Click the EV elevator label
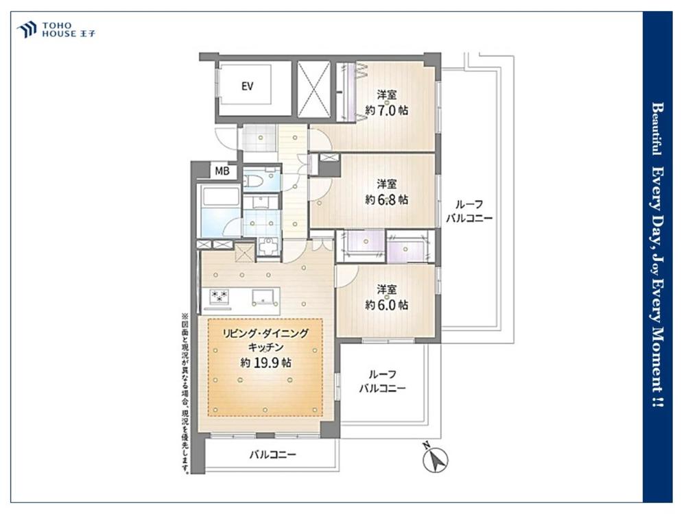[247, 86]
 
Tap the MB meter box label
[222, 171]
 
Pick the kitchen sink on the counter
[265, 297]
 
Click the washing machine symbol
[268, 247]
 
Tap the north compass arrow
[436, 458]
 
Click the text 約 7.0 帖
[387, 110]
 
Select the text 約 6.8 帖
[387, 199]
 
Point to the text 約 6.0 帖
[387, 305]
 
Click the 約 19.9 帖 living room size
[266, 363]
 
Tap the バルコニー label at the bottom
[272, 455]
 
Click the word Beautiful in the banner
[657, 129]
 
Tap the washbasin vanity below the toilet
[261, 201]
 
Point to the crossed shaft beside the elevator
[314, 89]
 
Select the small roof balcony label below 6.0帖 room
[382, 381]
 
